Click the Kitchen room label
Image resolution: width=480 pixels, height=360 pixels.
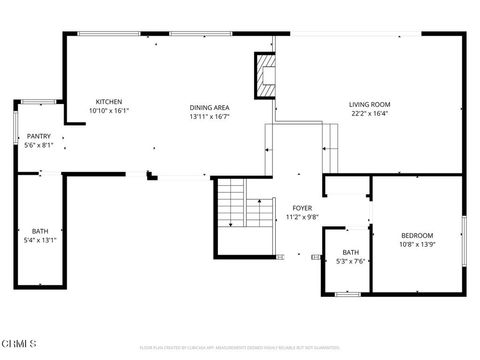click(x=109, y=102)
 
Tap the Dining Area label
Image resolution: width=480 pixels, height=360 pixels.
click(x=210, y=107)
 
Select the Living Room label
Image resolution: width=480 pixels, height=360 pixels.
click(x=369, y=104)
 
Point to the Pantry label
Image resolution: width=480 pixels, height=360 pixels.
click(x=39, y=136)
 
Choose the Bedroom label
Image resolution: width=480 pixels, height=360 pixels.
click(x=418, y=234)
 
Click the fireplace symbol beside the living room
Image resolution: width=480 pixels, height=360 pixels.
click(x=265, y=76)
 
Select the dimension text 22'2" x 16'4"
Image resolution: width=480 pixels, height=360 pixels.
click(x=369, y=113)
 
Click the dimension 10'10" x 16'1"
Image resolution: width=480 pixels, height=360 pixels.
click(x=109, y=111)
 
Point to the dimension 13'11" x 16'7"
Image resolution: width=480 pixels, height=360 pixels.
click(x=210, y=116)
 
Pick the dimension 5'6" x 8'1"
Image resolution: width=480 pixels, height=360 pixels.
click(x=39, y=145)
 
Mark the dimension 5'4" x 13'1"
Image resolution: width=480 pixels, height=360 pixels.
click(x=40, y=240)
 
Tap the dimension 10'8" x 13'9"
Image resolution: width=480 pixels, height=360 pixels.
click(x=418, y=243)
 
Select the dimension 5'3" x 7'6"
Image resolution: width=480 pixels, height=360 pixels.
click(x=350, y=262)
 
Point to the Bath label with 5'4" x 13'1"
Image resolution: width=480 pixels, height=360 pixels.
click(x=40, y=231)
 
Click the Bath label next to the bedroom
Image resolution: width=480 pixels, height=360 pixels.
click(x=350, y=253)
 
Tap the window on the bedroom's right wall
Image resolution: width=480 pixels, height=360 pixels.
click(x=463, y=240)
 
